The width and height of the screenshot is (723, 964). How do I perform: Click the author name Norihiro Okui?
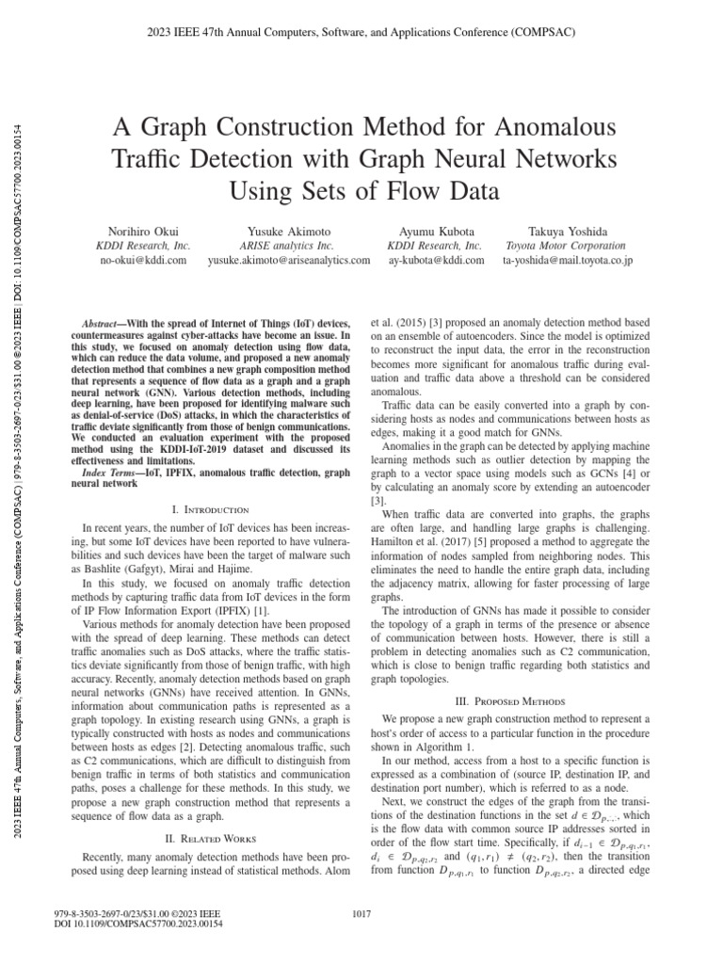(x=144, y=230)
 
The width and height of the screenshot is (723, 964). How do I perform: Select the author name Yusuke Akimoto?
(x=288, y=230)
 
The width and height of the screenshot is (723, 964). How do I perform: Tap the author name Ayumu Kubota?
(x=436, y=230)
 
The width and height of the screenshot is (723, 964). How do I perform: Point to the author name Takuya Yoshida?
(x=568, y=230)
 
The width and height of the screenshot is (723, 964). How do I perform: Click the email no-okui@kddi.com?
(x=144, y=260)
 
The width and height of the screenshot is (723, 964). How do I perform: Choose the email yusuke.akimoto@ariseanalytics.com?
(x=288, y=260)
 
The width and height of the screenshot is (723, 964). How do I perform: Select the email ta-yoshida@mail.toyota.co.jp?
(x=568, y=260)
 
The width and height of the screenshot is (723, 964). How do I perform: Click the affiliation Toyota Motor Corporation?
(x=568, y=245)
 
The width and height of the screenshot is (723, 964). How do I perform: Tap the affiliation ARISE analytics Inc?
(x=288, y=245)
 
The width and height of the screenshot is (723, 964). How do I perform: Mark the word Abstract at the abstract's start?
(x=104, y=322)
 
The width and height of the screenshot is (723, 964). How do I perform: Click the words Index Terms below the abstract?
(x=112, y=471)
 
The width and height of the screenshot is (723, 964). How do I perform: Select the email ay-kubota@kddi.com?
(x=436, y=260)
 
